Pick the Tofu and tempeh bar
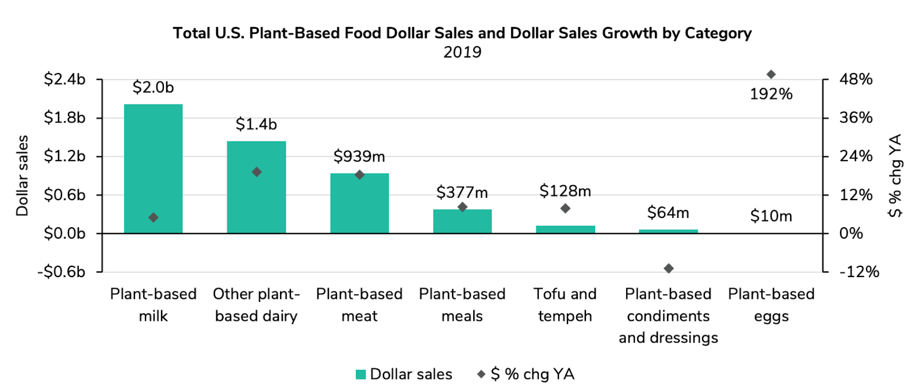tap(565, 229)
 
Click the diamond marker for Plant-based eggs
tap(771, 75)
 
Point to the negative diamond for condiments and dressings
tap(668, 269)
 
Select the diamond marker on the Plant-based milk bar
tap(153, 217)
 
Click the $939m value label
tap(359, 156)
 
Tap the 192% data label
tap(771, 94)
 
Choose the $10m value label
tap(771, 216)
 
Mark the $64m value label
tap(668, 213)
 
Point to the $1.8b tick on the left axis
tap(64, 118)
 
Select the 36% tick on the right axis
tap(856, 118)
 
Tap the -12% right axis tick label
tap(859, 271)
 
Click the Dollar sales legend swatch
tap(361, 374)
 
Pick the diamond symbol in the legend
tap(481, 374)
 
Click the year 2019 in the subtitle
tap(462, 52)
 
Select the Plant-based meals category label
tap(462, 305)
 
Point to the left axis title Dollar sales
tap(22, 175)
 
